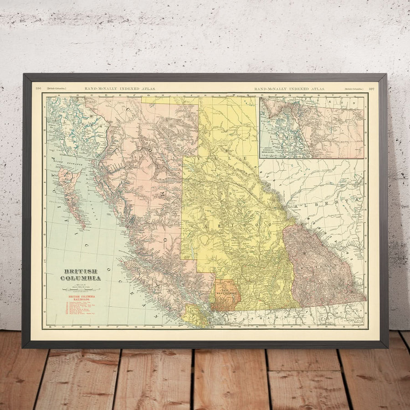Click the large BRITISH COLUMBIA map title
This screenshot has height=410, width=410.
pos(81,275)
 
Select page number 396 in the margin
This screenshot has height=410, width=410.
pos(38,88)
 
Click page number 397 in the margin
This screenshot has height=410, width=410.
pos(371,88)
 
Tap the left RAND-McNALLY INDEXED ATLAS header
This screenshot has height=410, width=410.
pos(119,88)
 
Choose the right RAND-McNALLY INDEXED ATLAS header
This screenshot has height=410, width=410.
pos(289,88)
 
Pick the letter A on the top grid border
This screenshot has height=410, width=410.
pos(47,95)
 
